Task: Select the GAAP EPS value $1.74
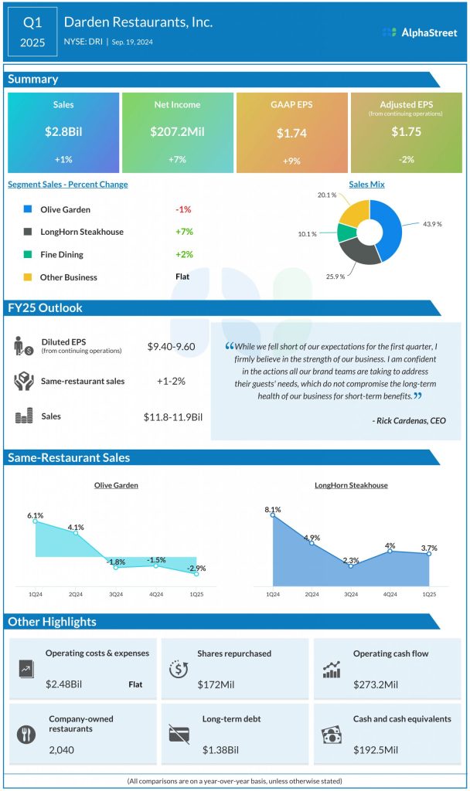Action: pyautogui.click(x=291, y=133)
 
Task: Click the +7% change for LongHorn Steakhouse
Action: pyautogui.click(x=182, y=232)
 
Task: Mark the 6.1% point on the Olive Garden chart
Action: pyautogui.click(x=36, y=521)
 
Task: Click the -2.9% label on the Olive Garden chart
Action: pyautogui.click(x=196, y=568)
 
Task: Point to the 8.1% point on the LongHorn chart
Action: pyautogui.click(x=273, y=515)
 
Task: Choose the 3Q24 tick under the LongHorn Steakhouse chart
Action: pyautogui.click(x=351, y=594)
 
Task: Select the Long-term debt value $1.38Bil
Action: pyautogui.click(x=221, y=750)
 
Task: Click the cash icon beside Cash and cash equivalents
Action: pyautogui.click(x=332, y=733)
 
